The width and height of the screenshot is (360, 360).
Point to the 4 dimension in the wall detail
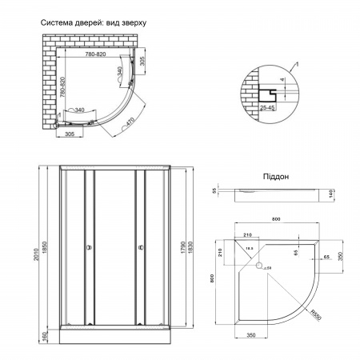[292, 79]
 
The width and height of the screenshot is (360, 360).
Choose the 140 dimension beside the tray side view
[331, 193]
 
